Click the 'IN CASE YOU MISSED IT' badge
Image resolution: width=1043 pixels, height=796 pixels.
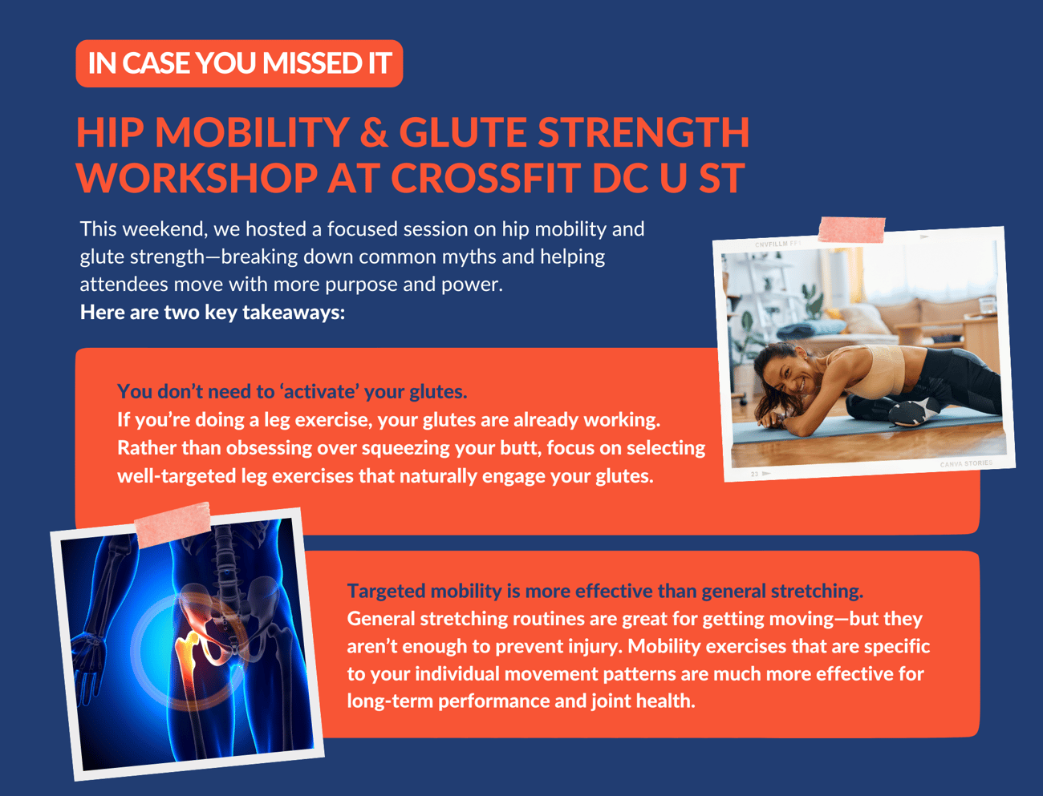click(239, 63)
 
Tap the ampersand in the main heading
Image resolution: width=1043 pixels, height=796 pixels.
click(374, 132)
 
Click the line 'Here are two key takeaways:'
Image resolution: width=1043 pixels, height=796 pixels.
click(213, 313)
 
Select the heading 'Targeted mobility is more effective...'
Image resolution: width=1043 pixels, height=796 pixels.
click(605, 591)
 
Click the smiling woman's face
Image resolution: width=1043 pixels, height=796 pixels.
click(784, 375)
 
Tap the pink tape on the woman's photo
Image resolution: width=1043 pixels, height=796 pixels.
click(851, 230)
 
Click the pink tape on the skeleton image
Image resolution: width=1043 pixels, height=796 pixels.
click(172, 523)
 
